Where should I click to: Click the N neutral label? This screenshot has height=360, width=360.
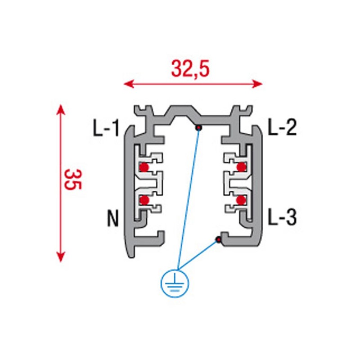[113, 219]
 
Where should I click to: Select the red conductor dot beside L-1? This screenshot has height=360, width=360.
[144, 167]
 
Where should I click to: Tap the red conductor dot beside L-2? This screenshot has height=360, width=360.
[242, 167]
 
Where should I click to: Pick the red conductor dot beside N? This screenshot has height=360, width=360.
[144, 200]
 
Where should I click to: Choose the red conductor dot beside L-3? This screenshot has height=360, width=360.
[241, 200]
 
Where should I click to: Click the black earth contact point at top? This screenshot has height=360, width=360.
[198, 128]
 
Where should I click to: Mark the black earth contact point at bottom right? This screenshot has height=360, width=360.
[218, 239]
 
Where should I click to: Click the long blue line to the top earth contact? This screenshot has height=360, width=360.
[188, 198]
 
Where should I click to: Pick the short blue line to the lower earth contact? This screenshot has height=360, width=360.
[198, 255]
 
